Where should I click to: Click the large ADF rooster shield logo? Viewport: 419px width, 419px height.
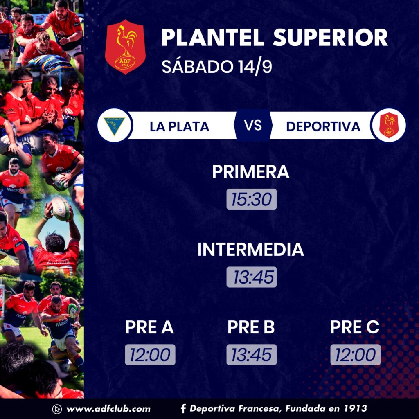click(x=125, y=47)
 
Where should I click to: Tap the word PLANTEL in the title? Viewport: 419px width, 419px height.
click(x=213, y=38)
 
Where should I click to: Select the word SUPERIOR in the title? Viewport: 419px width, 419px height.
click(x=330, y=38)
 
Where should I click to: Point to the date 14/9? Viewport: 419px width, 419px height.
click(x=255, y=66)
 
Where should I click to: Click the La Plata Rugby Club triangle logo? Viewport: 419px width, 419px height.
click(x=115, y=125)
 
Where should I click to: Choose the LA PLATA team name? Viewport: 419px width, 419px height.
click(x=179, y=127)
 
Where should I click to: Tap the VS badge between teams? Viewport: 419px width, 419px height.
click(x=253, y=125)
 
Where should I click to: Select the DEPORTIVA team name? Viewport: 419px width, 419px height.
click(x=323, y=127)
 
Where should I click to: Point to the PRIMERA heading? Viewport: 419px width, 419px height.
click(x=251, y=171)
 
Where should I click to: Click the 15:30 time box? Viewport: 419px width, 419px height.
click(x=252, y=199)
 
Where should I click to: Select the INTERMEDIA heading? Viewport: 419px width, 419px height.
click(x=251, y=249)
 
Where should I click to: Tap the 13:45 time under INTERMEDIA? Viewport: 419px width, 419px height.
click(x=252, y=277)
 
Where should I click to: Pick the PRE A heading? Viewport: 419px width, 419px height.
click(x=149, y=327)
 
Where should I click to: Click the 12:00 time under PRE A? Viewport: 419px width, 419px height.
click(x=150, y=355)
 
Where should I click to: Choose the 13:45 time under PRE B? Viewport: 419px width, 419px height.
click(x=252, y=355)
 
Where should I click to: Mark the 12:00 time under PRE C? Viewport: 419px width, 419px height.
click(x=356, y=355)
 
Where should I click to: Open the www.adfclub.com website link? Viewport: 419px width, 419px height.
click(x=108, y=409)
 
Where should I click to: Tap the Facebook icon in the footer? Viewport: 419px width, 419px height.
click(x=183, y=409)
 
